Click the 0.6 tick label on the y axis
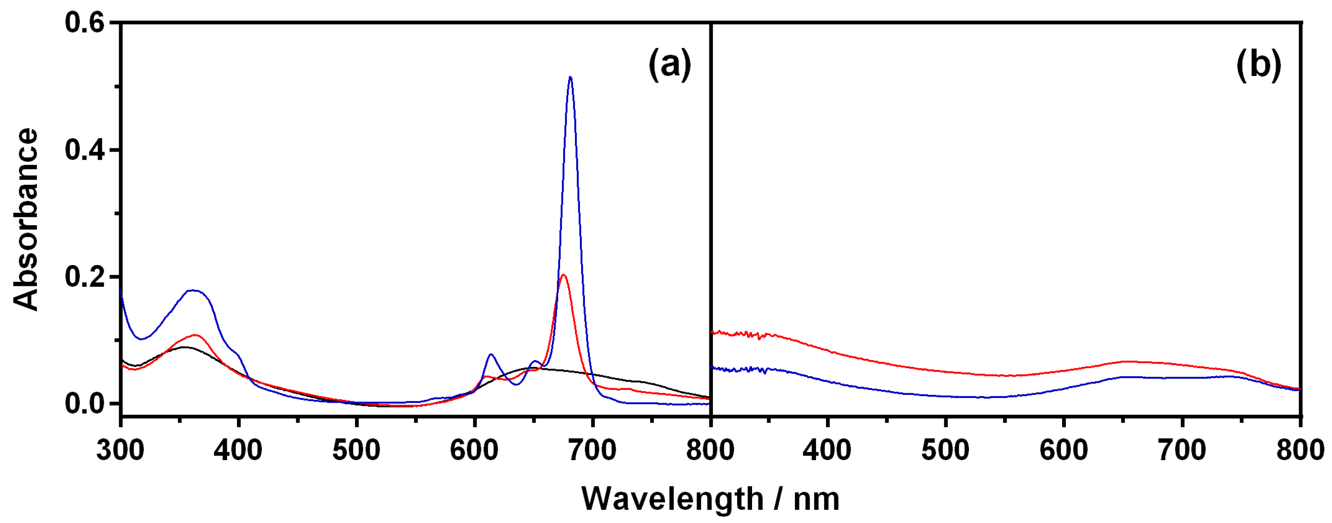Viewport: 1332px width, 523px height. click(x=84, y=23)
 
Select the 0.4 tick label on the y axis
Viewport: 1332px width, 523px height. click(x=84, y=150)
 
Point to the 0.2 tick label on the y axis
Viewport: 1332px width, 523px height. click(x=84, y=277)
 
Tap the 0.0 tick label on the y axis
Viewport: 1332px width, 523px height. click(x=84, y=404)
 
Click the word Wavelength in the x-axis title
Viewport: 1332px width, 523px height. click(x=672, y=499)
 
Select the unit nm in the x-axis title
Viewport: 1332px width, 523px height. click(x=816, y=499)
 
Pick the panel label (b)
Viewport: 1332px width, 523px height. click(x=1258, y=65)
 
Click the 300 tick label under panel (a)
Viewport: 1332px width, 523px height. click(x=120, y=450)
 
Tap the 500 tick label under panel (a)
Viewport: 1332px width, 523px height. click(x=356, y=450)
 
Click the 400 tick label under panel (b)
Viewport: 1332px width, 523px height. click(x=827, y=450)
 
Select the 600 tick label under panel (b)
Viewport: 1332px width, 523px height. click(x=1064, y=450)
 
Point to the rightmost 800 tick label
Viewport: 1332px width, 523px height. click(x=1300, y=450)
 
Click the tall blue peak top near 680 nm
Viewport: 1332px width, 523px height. click(x=571, y=78)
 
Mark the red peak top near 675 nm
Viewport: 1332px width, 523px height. click(x=563, y=275)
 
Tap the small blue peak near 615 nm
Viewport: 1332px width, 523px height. click(x=491, y=355)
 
